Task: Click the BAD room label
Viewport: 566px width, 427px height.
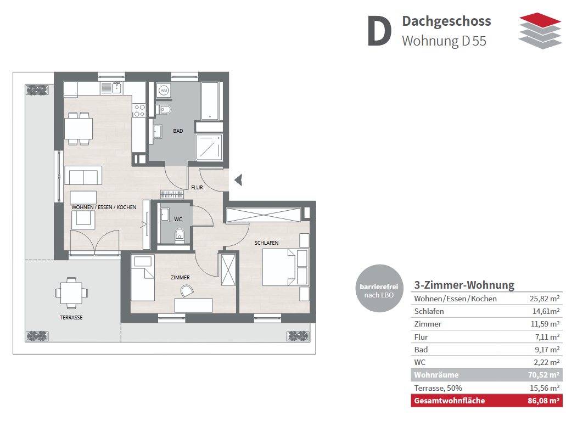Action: pyautogui.click(x=178, y=131)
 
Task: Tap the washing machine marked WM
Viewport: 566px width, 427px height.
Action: pyautogui.click(x=164, y=90)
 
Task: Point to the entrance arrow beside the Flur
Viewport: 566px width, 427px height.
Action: pyautogui.click(x=238, y=180)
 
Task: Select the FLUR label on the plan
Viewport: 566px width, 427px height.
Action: pyautogui.click(x=197, y=187)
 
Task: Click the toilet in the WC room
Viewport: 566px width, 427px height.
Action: pyautogui.click(x=180, y=236)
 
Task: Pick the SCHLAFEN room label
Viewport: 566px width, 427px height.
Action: pyautogui.click(x=266, y=243)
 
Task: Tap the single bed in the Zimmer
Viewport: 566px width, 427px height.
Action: pyautogui.click(x=143, y=278)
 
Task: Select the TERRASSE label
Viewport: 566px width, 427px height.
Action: pyautogui.click(x=71, y=318)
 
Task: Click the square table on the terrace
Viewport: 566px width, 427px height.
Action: pyautogui.click(x=71, y=293)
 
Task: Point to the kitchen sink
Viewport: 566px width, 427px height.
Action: pyautogui.click(x=116, y=88)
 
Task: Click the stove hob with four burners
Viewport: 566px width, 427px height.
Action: pyautogui.click(x=139, y=110)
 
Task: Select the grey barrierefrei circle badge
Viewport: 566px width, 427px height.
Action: pyautogui.click(x=379, y=288)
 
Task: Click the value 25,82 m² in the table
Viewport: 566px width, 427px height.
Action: pyautogui.click(x=545, y=299)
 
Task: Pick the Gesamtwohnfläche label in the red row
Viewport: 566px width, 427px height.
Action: pyautogui.click(x=450, y=401)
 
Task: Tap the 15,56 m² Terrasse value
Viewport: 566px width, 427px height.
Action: pyautogui.click(x=545, y=388)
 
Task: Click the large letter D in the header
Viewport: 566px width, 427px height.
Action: pyautogui.click(x=379, y=31)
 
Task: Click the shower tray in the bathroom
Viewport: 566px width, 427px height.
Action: pyautogui.click(x=209, y=147)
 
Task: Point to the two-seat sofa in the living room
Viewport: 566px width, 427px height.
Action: pyautogui.click(x=83, y=176)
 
